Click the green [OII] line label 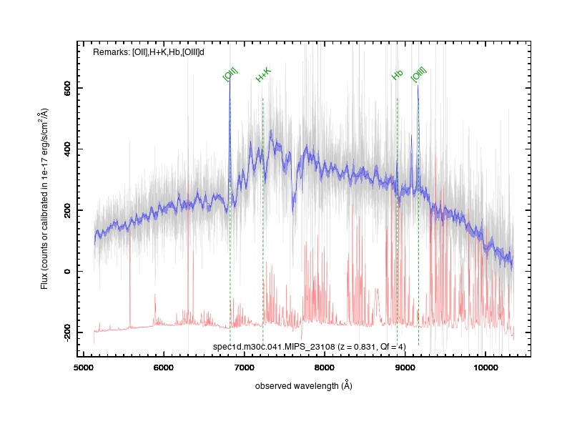pos(230,74)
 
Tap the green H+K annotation pos(263,75)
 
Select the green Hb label pos(398,75)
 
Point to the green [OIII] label pos(419,74)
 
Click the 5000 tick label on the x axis pos(84,368)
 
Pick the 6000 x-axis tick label pos(164,368)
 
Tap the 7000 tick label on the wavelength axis pos(244,368)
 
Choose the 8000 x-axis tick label pos(325,368)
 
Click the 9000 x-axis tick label pos(405,368)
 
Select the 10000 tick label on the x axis pos(485,368)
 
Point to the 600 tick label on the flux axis pos(67,88)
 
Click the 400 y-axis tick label pos(67,149)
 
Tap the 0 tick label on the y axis pos(67,272)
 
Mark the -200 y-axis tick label pos(67,332)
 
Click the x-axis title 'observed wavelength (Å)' pos(303,385)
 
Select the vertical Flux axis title pos(44,199)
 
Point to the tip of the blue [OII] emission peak pos(230,79)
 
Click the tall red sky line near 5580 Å pos(130,277)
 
